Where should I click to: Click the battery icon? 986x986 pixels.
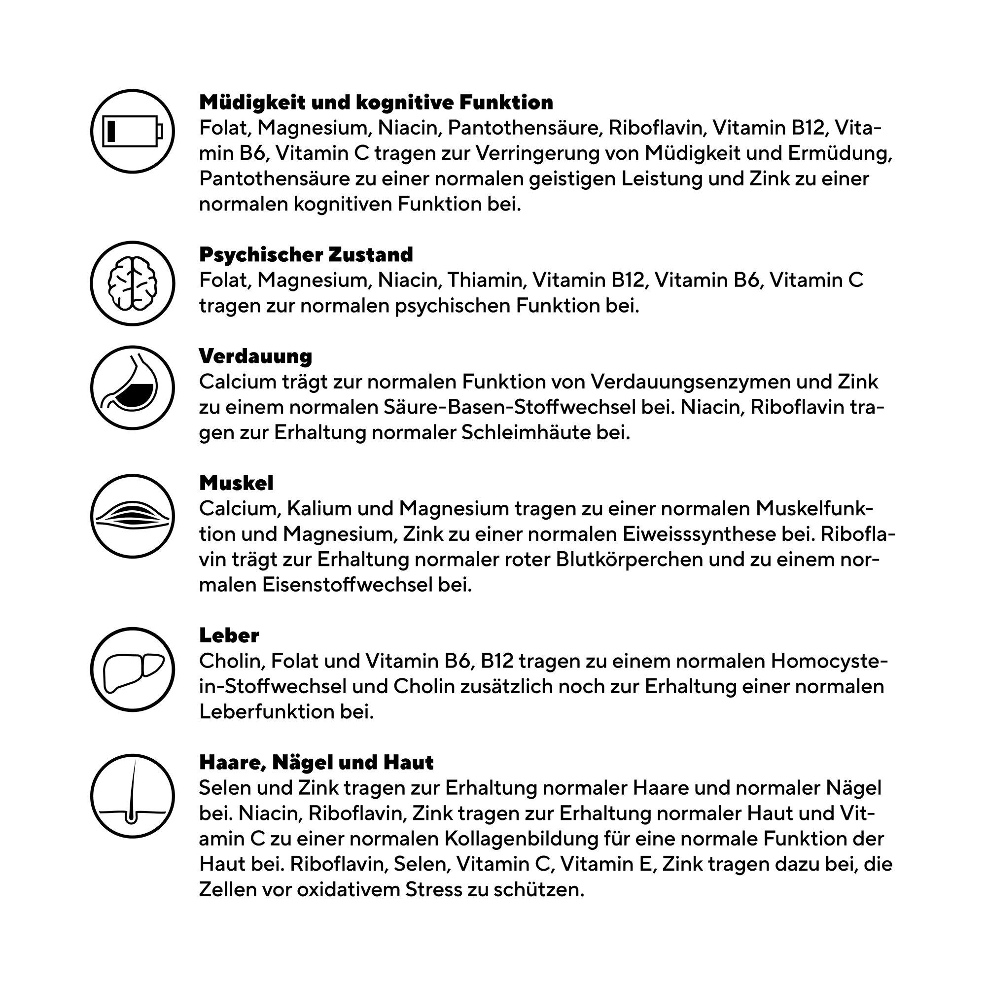coord(133,131)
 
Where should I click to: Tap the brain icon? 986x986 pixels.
coord(133,283)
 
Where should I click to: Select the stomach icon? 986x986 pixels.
coord(133,388)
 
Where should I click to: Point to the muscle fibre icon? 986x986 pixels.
coord(133,516)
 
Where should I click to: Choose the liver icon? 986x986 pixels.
coord(133,669)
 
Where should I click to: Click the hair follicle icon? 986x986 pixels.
coord(133,796)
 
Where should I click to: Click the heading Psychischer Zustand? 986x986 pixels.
coord(306,254)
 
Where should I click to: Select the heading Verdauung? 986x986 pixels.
coord(255,356)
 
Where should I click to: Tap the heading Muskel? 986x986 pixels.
coord(236,483)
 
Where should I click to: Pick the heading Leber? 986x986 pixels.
coord(229,635)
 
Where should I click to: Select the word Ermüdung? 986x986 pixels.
coord(839,153)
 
